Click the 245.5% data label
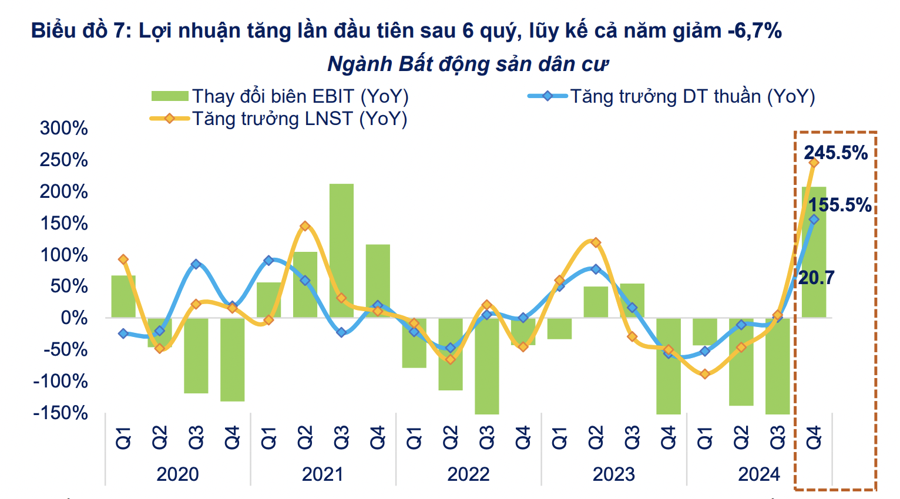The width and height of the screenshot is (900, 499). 835,153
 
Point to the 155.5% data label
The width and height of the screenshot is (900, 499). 840,205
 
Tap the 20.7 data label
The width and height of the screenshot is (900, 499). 816,277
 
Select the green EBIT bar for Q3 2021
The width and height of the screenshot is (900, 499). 341,251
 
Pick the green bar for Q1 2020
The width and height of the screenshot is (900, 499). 123,296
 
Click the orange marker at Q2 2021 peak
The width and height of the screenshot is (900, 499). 304,226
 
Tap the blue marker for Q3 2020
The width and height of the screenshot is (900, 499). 196,264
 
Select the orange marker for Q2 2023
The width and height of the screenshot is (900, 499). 596,242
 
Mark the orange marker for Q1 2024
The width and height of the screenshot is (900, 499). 705,373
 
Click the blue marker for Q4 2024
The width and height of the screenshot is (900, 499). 814,220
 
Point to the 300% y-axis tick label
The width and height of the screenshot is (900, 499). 63,128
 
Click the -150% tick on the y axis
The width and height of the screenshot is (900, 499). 61,413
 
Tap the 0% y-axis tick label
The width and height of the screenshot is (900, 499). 74,318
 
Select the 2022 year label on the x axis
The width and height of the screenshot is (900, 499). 468,474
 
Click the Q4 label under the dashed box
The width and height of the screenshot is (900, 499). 814,438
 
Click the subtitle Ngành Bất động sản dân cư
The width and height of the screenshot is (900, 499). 468,64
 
